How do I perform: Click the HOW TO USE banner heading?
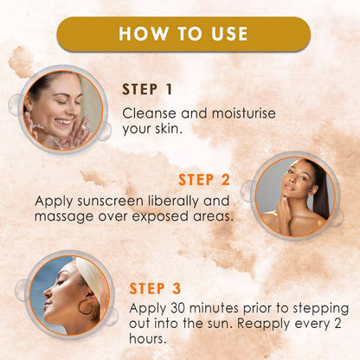(x=183, y=34)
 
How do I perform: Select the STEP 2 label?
(x=204, y=180)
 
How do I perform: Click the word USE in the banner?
(x=226, y=34)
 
